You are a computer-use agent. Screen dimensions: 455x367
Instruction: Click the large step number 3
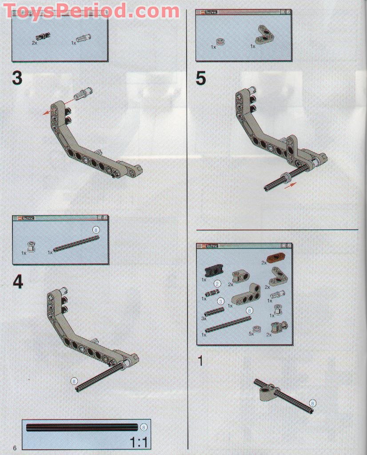tap(16, 79)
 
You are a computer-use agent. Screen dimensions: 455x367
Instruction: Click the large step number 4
tap(17, 282)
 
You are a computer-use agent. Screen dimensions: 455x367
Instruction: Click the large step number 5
tap(201, 79)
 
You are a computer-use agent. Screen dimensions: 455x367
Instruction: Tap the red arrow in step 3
tap(46, 113)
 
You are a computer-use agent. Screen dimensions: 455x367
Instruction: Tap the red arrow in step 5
tap(290, 186)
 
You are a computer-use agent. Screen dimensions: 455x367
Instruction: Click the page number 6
tap(15, 447)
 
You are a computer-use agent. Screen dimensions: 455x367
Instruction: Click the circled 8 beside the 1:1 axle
tap(143, 427)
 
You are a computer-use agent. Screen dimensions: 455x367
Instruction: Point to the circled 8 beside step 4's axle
tap(74, 381)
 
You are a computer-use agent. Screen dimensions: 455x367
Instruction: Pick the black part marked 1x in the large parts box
tap(213, 271)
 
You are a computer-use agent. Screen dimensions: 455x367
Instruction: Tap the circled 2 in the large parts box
tap(217, 283)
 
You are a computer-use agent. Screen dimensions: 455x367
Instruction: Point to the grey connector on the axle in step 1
tap(268, 392)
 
